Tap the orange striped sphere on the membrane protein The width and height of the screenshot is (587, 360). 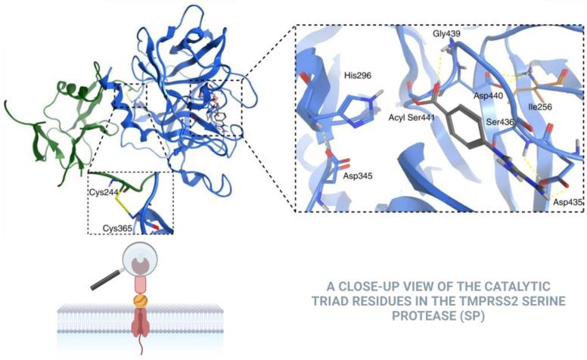pyautogui.click(x=140, y=301)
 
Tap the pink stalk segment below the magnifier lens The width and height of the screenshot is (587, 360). pyautogui.click(x=140, y=286)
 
